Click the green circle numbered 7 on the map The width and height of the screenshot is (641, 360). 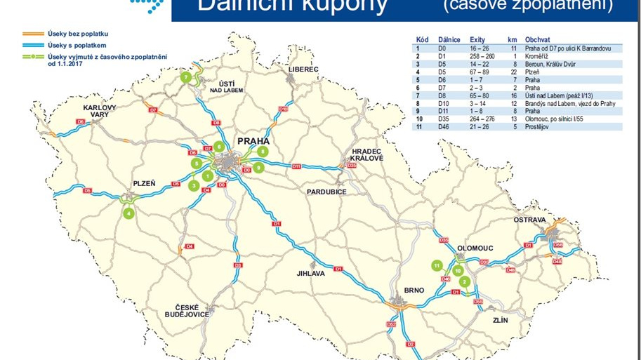(186, 77)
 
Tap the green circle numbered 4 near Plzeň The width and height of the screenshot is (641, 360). (128, 214)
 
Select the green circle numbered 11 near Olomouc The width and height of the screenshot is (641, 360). (437, 266)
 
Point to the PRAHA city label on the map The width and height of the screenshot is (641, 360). (253, 141)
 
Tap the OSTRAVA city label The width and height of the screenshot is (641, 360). (530, 220)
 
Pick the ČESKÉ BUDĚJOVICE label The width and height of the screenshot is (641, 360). (192, 310)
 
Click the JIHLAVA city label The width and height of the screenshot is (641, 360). (312, 274)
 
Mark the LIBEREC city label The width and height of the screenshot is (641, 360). (303, 69)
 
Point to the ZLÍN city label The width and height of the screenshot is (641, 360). (500, 320)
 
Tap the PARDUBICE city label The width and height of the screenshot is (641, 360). (326, 191)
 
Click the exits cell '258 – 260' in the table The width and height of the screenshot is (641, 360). (480, 55)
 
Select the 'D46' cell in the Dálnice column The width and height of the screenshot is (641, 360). (445, 126)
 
